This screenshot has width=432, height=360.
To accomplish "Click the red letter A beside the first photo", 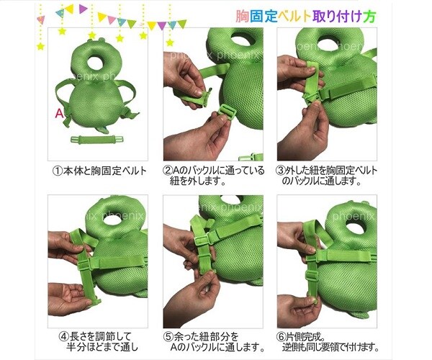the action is click(x=59, y=113).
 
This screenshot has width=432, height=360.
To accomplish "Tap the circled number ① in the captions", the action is click(x=57, y=171).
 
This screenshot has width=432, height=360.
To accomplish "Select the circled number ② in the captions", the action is click(x=168, y=171).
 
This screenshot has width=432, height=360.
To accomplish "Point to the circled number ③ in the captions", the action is click(x=281, y=171).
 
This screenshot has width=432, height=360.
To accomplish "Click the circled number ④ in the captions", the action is click(x=63, y=336).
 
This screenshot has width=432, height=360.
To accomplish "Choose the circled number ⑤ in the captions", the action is click(x=168, y=336).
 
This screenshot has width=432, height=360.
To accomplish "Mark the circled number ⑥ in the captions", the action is click(x=281, y=336).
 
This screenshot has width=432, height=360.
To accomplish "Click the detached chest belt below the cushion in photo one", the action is click(x=96, y=140).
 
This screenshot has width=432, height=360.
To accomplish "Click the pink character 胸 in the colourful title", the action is click(x=242, y=17).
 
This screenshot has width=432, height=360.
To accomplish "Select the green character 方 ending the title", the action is click(x=369, y=17).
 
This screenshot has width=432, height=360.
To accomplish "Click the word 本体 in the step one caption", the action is click(x=73, y=171).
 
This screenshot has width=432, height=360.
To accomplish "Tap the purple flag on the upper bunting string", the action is click(x=83, y=9).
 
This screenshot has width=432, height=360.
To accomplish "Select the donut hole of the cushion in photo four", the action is click(x=112, y=220).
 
